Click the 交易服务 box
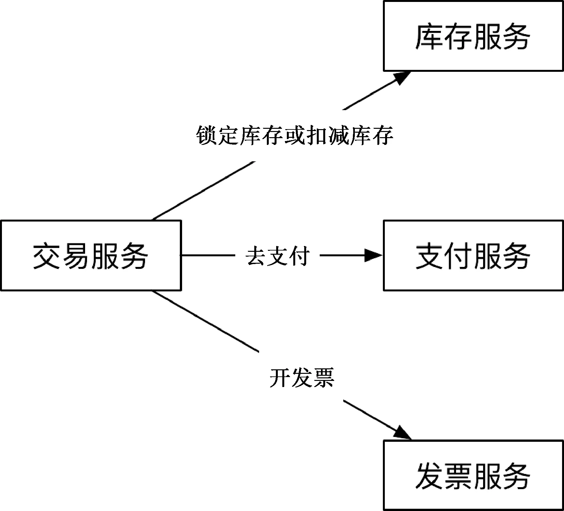(91, 255)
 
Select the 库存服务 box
(473, 36)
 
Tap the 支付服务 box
(473, 255)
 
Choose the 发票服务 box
(473, 475)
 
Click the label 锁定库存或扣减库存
(295, 135)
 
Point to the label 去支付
(277, 256)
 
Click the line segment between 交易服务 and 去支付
(207, 255)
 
